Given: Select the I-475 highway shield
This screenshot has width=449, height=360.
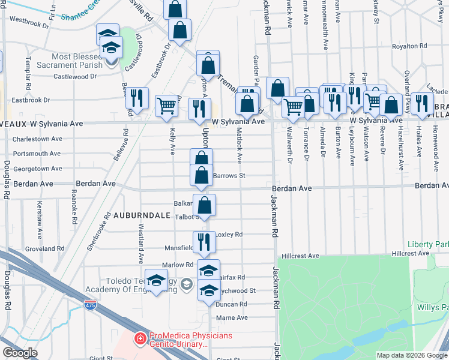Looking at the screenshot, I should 89,305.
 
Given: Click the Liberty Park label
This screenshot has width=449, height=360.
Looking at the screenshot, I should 427,244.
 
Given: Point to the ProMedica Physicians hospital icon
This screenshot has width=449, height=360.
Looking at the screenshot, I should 140,338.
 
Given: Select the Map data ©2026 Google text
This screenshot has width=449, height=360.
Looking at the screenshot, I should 412,355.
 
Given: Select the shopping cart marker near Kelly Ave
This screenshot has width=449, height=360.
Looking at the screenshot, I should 167,106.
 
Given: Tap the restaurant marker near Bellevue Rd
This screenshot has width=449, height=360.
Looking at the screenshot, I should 137,97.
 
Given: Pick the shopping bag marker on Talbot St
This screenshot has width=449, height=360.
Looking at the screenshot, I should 205,205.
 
